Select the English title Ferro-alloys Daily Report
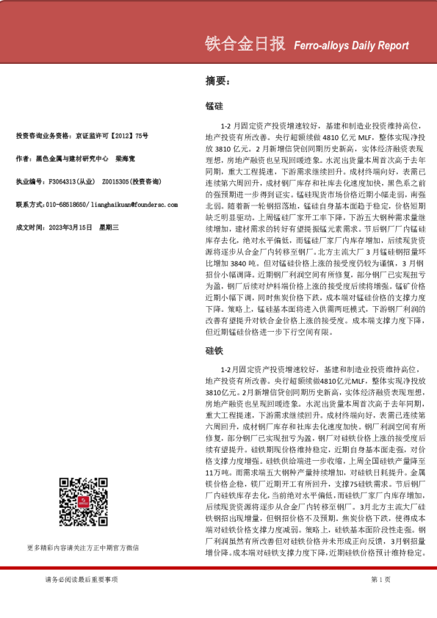pos(351,46)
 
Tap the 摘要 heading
pos(217,81)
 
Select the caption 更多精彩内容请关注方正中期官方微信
pos(82,547)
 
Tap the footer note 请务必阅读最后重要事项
pos(81,580)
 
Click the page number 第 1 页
pos(380,580)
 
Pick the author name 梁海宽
pos(126,158)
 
